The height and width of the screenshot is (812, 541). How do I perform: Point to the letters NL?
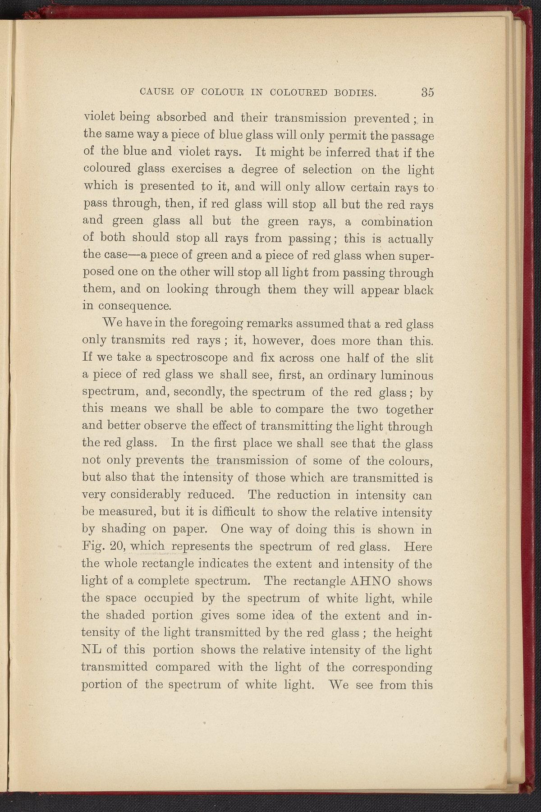pyautogui.click(x=97, y=650)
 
